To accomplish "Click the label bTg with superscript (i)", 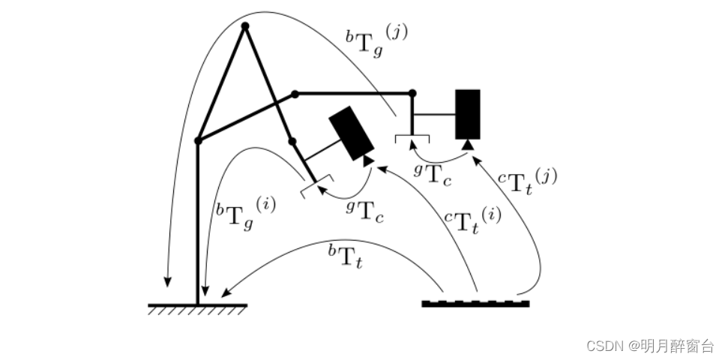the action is pos(245,213).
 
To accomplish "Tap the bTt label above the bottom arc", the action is pos(345,257).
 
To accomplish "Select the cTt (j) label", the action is pos(528,181).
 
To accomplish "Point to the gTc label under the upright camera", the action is pos(433,174).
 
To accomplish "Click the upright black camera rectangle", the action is pos(467,114).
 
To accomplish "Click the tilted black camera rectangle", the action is pos(352,133).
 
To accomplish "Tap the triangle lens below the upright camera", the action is pos(468,145).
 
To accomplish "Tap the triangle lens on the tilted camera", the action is pos(368,160).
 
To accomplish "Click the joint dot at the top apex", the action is pos(245,26).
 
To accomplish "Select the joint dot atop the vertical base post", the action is pos(198,141).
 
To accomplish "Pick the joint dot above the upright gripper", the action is pos(412,94).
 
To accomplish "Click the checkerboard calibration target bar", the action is pos(475,304).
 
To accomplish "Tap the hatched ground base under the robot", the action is pos(198,309).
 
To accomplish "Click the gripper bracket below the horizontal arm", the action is pos(412,138).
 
